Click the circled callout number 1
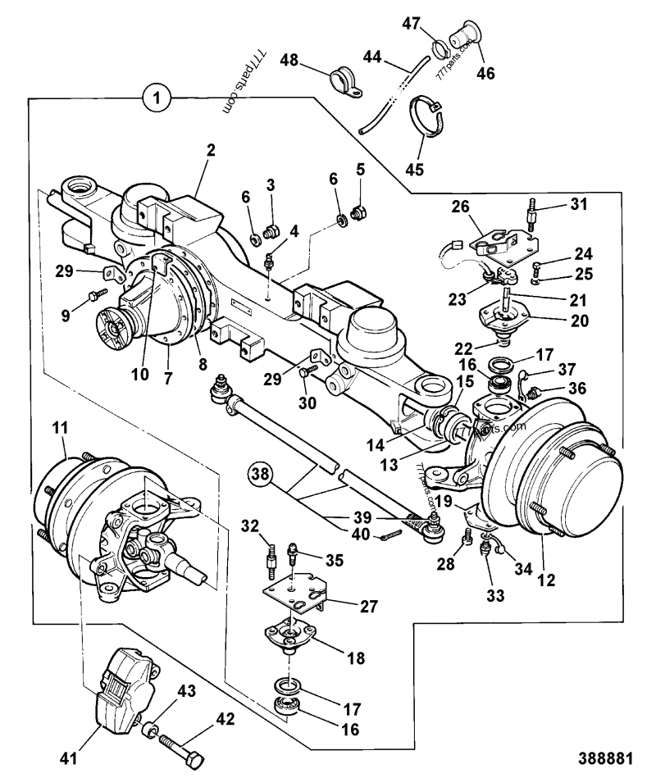tap(157, 98)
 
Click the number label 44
tap(372, 57)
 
